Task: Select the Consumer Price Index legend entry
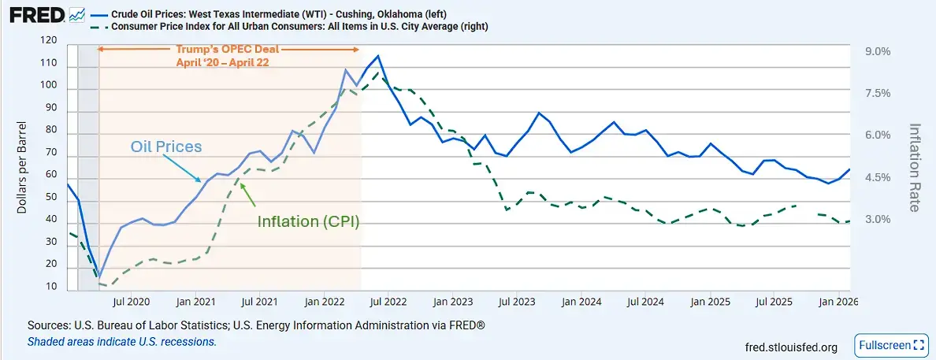(x=299, y=26)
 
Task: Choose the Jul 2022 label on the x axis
(x=387, y=302)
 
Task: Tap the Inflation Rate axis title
(x=915, y=167)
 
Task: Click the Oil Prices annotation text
(x=167, y=147)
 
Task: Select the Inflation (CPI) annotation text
(x=308, y=221)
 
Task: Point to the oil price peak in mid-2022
(x=378, y=56)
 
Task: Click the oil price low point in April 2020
(x=99, y=276)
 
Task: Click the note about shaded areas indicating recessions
(x=121, y=342)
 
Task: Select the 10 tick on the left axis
(x=52, y=287)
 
